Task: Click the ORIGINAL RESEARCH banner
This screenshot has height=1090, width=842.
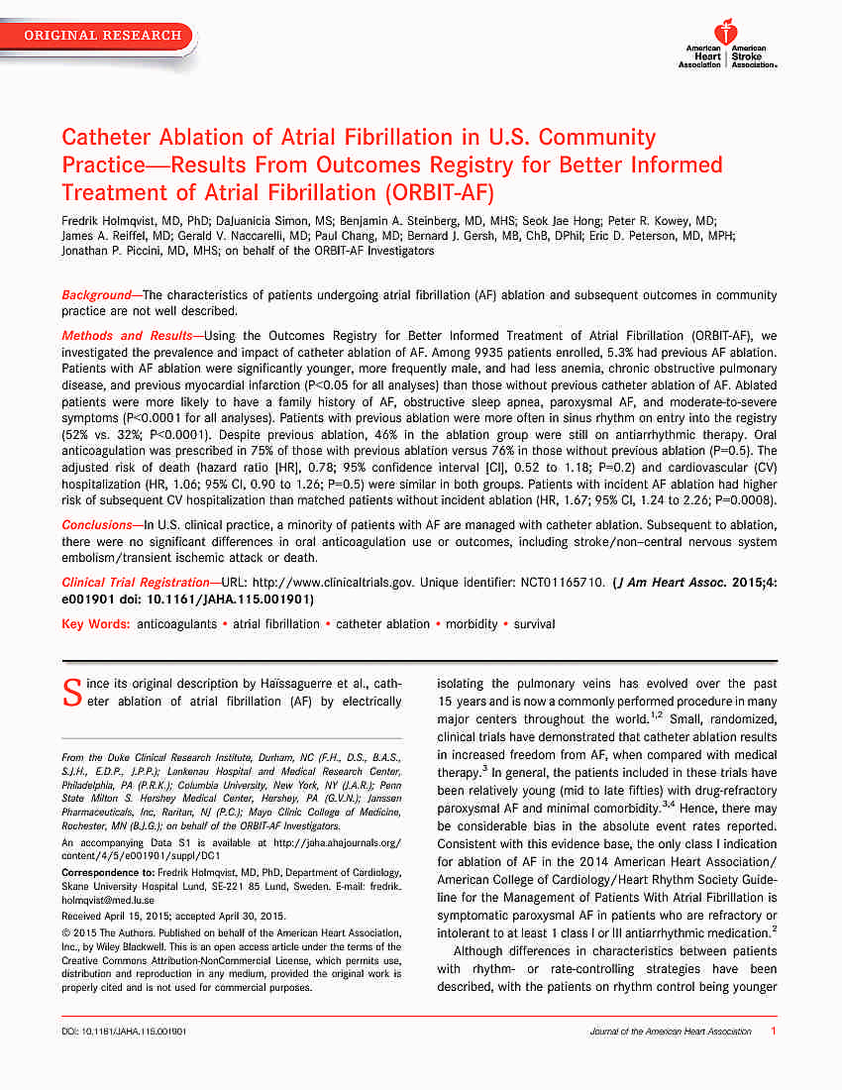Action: point(103,36)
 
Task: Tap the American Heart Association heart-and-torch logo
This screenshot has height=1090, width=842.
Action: point(728,33)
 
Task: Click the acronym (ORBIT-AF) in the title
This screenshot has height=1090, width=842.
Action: point(439,191)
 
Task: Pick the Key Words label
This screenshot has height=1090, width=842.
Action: point(95,624)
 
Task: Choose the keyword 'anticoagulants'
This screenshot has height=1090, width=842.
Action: point(179,624)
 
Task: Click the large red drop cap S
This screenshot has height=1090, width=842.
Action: point(70,692)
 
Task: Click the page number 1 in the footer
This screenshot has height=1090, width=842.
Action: point(773,1032)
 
